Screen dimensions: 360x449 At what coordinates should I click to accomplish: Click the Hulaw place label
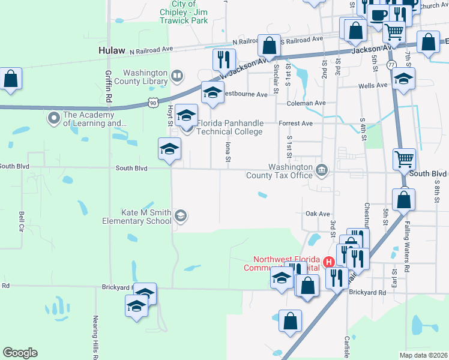112,52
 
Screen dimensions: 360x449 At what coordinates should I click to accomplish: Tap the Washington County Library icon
176,76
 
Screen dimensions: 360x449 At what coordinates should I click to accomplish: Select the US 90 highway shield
154,104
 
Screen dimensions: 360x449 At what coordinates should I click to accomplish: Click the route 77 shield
391,64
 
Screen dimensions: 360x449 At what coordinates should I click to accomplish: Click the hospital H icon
328,262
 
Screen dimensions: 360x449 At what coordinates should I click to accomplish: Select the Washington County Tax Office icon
322,171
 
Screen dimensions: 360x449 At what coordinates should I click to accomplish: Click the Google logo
20,353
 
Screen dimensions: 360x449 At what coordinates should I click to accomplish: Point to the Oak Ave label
318,213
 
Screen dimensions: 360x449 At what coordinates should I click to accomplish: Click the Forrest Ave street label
296,123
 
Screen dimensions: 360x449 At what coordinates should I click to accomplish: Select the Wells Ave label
372,86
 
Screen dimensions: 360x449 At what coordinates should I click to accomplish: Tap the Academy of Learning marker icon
54,117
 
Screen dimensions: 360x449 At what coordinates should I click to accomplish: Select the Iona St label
228,151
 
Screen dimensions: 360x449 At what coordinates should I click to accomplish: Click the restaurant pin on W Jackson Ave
221,59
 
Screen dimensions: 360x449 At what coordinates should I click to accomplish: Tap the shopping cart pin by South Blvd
404,159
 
